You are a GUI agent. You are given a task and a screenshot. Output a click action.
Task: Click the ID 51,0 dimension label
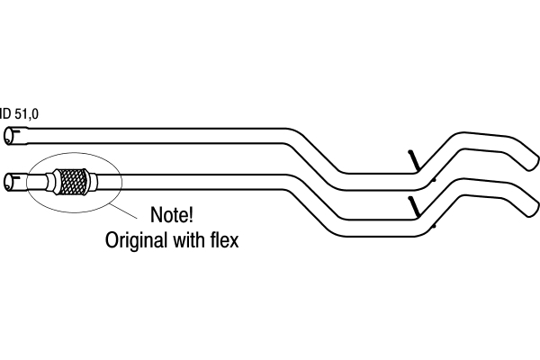tap(19, 113)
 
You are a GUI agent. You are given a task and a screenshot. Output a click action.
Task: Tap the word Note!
tap(172, 214)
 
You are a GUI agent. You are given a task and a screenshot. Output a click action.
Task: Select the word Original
tap(136, 240)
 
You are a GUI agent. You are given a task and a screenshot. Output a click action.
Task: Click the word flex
tap(224, 239)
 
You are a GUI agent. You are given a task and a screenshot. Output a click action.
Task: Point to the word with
tap(188, 239)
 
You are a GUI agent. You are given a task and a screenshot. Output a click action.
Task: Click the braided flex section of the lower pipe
tap(72, 182)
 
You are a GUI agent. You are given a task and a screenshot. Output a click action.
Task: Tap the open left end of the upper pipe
tap(9, 136)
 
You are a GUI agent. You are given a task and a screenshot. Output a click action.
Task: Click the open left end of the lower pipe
tap(9, 182)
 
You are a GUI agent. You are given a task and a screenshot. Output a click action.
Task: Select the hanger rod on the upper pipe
tap(414, 160)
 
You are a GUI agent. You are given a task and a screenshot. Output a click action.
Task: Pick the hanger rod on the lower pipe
tap(414, 207)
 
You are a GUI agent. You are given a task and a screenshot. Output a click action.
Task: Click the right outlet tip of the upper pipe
tap(534, 163)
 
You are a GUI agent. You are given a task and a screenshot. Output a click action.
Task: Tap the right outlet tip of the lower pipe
tap(534, 210)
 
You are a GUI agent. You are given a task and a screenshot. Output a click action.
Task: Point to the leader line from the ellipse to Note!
tap(123, 211)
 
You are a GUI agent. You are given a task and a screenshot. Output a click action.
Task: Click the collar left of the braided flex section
tap(50, 182)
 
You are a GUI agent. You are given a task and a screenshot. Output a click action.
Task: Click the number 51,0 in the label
tap(27, 113)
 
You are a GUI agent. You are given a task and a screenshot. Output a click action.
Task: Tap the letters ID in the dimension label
tap(6, 113)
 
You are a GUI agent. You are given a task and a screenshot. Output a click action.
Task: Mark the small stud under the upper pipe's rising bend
tap(435, 179)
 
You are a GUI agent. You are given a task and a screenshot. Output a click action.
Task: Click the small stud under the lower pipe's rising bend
tap(435, 226)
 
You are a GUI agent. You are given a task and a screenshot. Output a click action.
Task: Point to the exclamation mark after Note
tap(191, 214)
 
